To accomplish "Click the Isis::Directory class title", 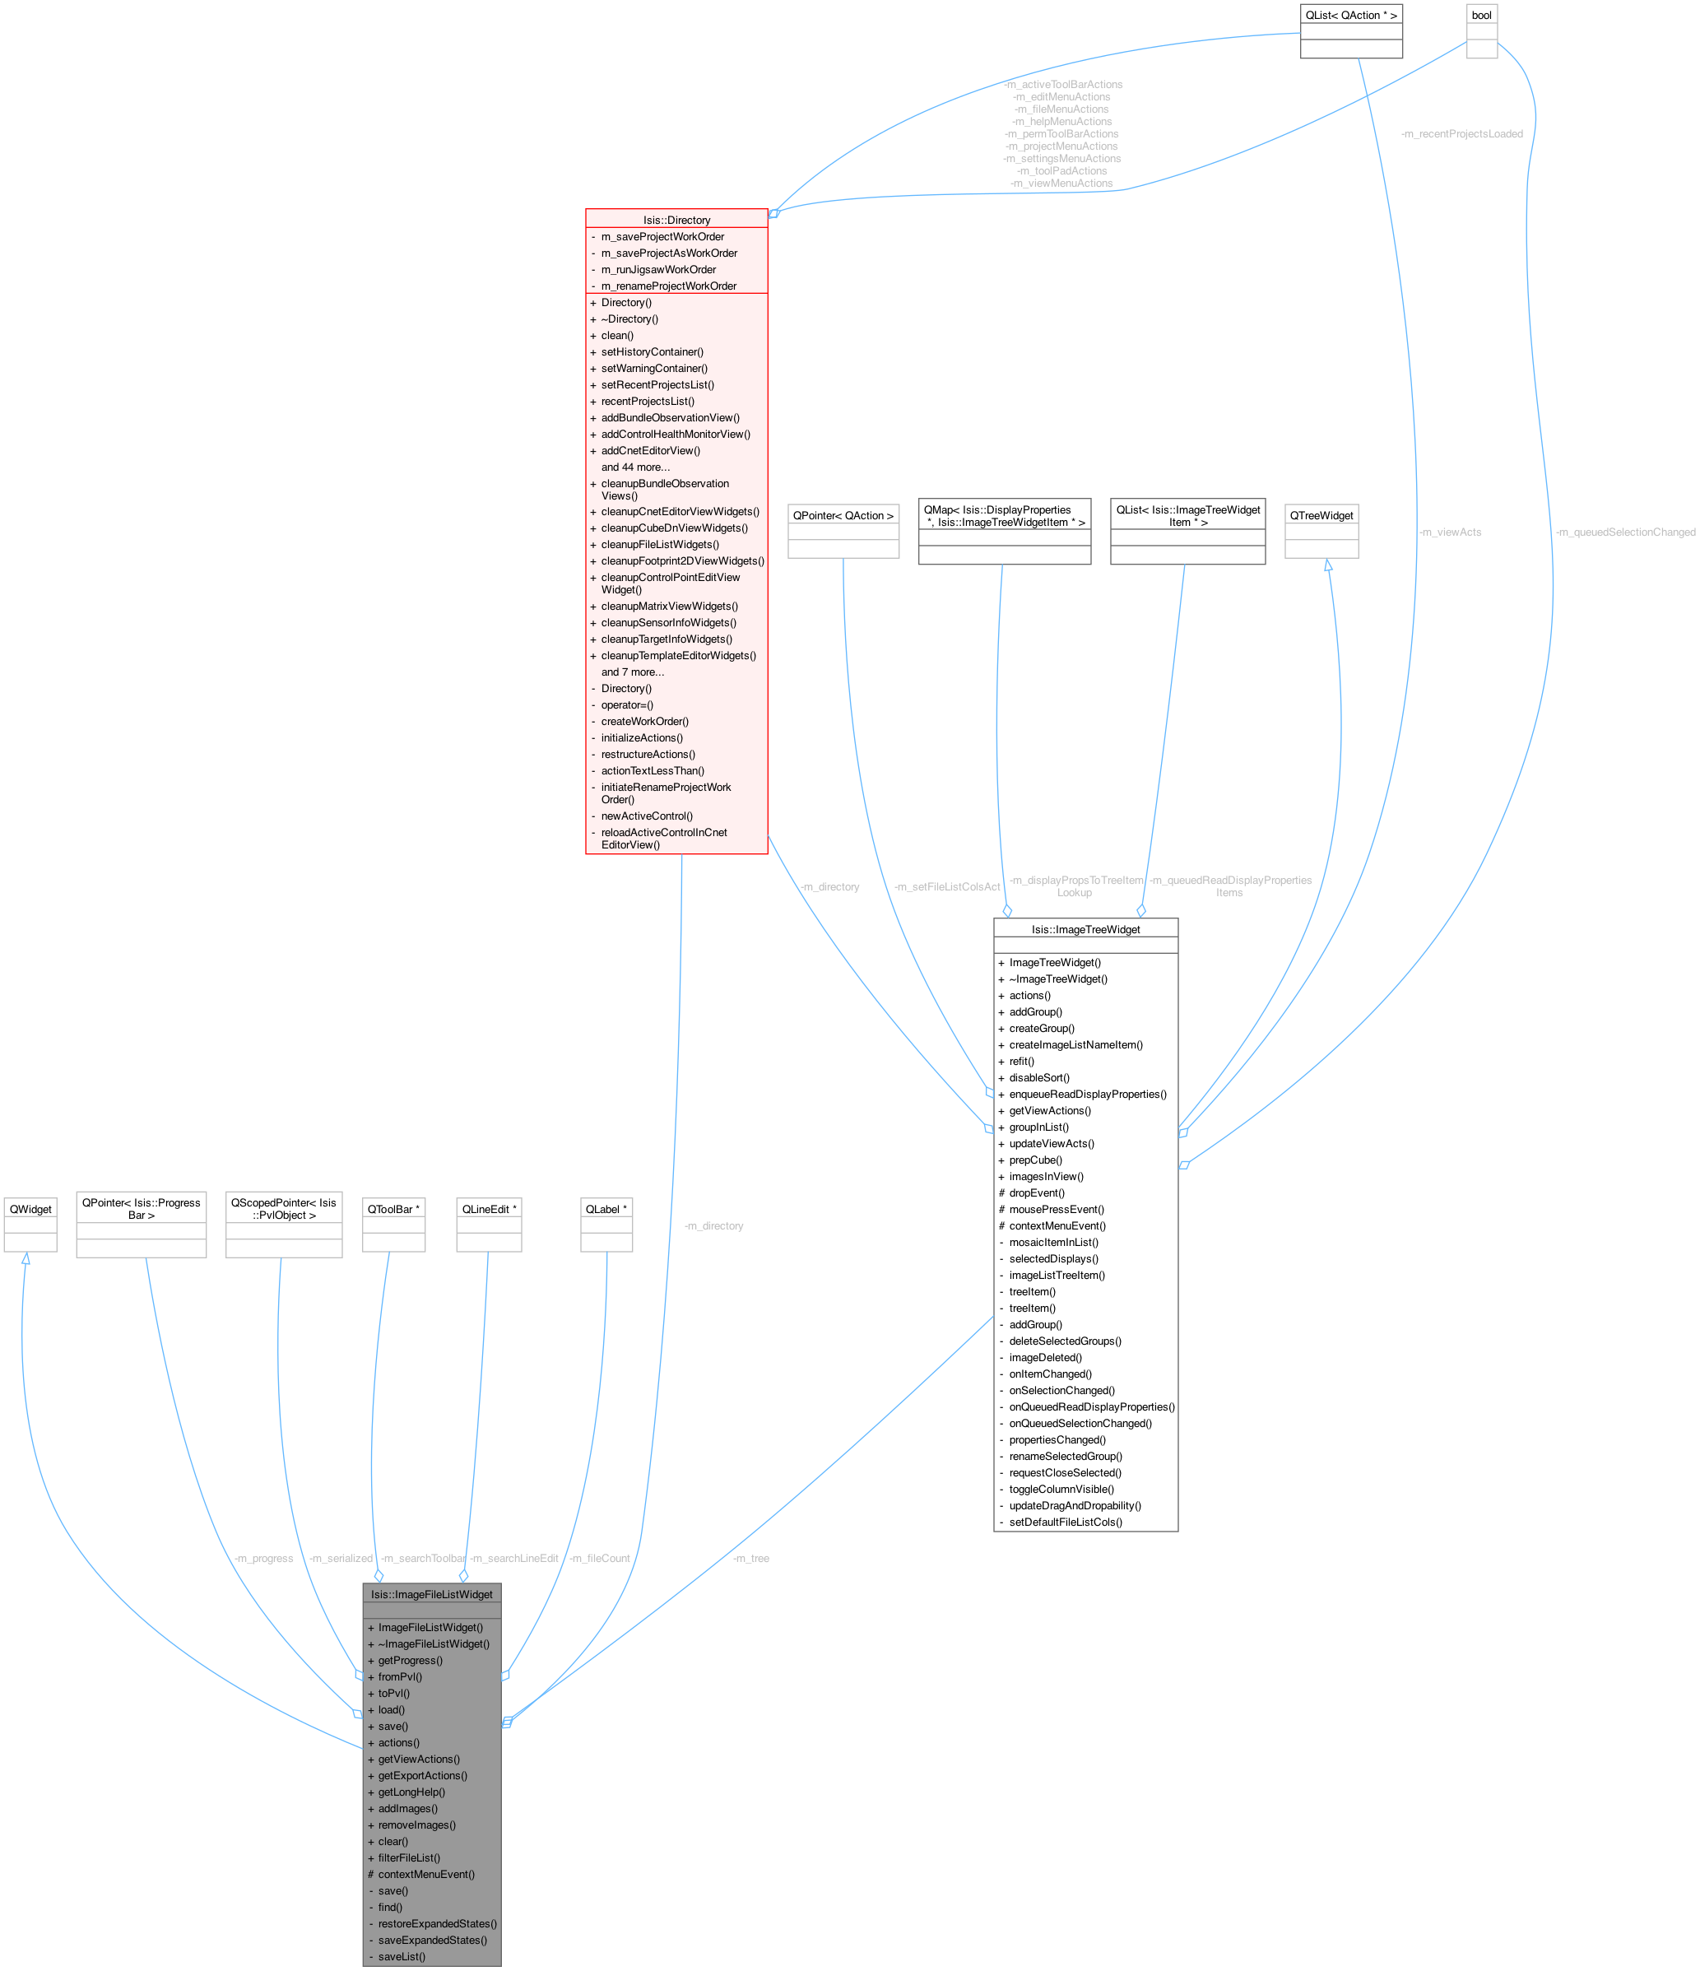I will tap(676, 220).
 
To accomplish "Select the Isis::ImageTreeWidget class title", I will tap(1085, 929).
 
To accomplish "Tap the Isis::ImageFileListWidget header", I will tap(432, 1594).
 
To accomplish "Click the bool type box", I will tap(1481, 15).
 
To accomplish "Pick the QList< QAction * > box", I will tap(1351, 15).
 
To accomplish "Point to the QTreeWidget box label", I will tap(1321, 515).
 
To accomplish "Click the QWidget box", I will tap(30, 1209).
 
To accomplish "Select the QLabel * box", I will tap(606, 1209).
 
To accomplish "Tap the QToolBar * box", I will tap(392, 1209).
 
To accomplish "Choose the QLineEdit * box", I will tap(489, 1209).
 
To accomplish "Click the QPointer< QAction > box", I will tap(843, 515).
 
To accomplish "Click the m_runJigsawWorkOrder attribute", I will tap(658, 269).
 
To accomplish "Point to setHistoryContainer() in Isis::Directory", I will tap(652, 352).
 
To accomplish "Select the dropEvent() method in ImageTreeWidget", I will tap(1037, 1192).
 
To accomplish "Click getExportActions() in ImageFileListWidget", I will tap(422, 1776).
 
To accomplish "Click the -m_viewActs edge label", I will tap(1450, 532).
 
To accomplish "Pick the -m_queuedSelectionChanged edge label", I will tap(1625, 532).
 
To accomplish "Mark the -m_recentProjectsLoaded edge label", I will tap(1461, 134).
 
